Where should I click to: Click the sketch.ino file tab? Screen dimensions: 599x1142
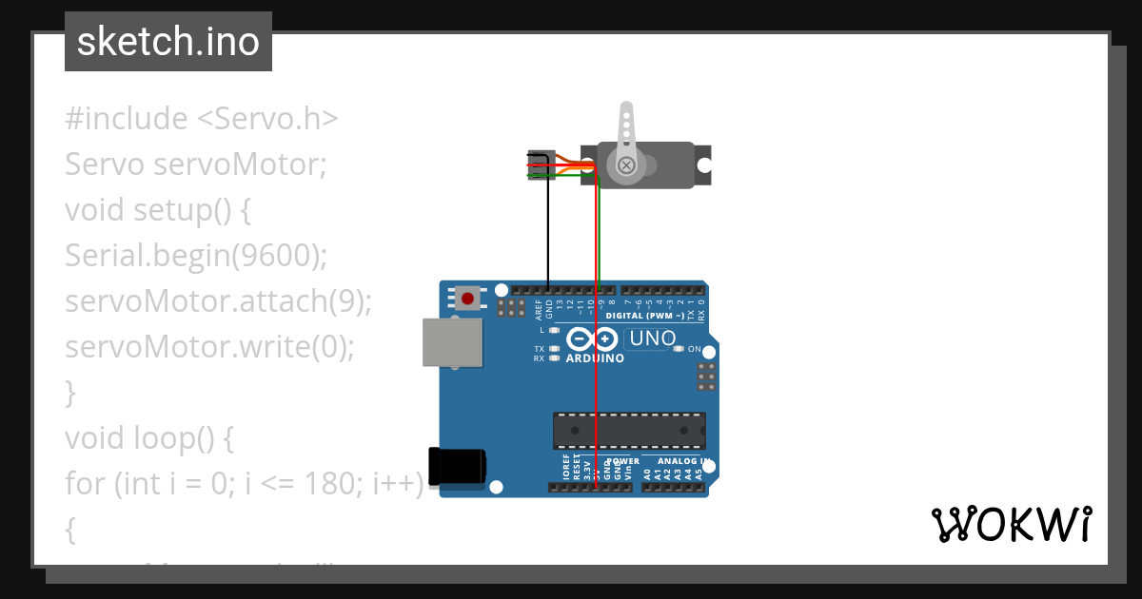(168, 42)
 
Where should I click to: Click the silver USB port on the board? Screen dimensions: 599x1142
(452, 342)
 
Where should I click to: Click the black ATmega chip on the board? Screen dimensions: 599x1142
(629, 430)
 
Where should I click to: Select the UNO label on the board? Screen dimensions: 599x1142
(652, 338)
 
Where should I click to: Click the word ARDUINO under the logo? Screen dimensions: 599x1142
(595, 359)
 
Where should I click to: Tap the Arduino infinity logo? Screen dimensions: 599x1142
(592, 338)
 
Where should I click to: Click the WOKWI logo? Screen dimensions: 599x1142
(1011, 524)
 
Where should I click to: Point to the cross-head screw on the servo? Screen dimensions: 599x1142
(626, 165)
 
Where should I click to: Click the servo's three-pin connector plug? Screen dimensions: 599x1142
(541, 164)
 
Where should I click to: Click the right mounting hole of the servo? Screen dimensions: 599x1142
(704, 164)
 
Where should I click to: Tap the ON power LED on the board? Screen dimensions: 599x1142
(679, 349)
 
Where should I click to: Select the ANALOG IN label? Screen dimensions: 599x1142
(683, 461)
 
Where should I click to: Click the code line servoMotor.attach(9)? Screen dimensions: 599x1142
(218, 301)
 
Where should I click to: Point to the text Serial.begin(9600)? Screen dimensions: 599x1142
(196, 255)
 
